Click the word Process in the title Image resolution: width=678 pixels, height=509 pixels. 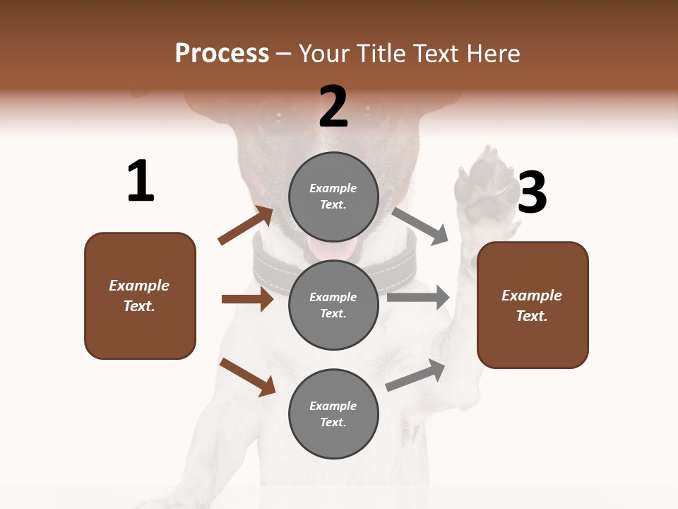tap(222, 54)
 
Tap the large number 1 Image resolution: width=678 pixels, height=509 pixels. tap(141, 181)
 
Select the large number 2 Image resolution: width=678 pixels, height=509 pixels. tap(333, 107)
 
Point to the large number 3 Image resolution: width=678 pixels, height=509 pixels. tap(532, 193)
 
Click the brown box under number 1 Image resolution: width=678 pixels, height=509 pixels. tap(140, 296)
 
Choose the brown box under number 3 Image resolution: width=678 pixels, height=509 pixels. tap(533, 305)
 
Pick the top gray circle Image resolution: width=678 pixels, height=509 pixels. tap(333, 197)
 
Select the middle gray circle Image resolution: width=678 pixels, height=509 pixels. tap(333, 305)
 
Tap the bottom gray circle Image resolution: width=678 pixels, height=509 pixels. tap(333, 414)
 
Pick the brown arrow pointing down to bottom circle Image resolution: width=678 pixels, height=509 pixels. tap(247, 376)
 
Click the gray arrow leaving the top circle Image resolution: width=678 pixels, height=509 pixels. tap(420, 226)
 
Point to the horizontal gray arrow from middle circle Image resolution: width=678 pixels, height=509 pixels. tap(417, 298)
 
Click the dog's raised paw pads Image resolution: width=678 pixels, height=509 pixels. tap(484, 185)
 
